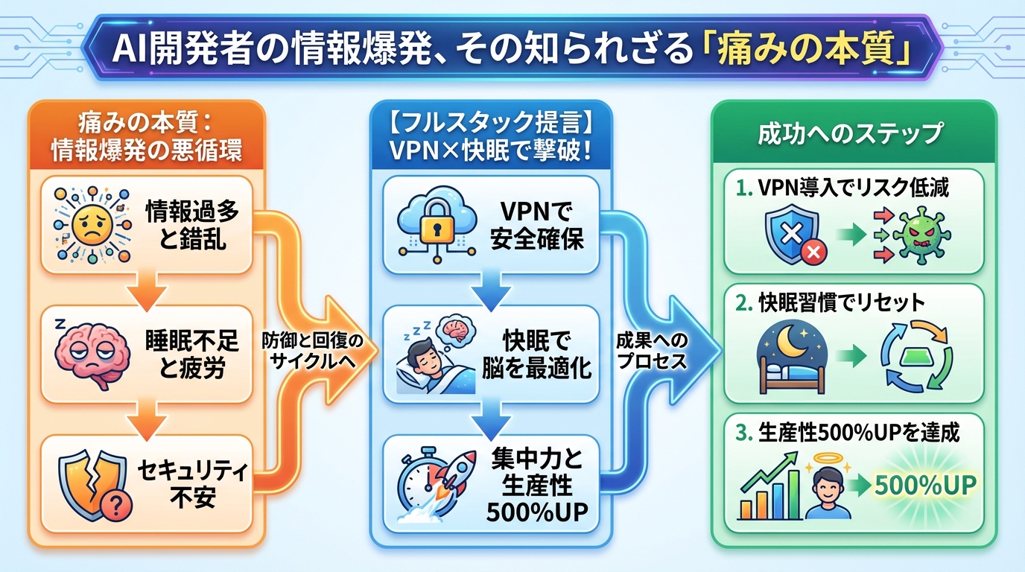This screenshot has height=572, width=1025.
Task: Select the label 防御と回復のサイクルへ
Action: click(x=314, y=348)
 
